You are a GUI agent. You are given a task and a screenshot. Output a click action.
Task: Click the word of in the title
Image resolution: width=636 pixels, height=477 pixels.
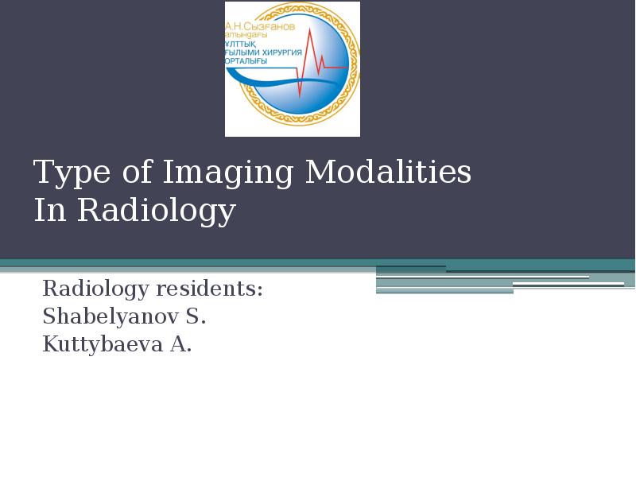click(x=131, y=173)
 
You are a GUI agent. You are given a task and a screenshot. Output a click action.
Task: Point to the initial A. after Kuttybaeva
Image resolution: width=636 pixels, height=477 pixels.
click(x=180, y=345)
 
